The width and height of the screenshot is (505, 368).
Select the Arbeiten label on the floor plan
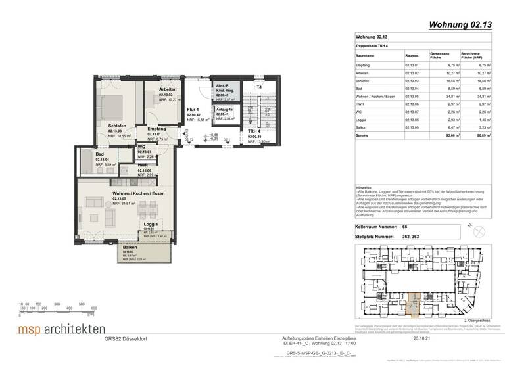pyautogui.click(x=169, y=93)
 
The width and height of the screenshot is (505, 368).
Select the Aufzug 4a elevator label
pyautogui.click(x=223, y=109)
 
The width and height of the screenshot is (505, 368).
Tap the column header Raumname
pyautogui.click(x=366, y=57)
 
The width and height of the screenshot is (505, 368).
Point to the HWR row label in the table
pyautogui.click(x=361, y=103)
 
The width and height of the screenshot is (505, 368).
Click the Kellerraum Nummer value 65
pyautogui.click(x=404, y=225)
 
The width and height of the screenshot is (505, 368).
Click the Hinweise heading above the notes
pyautogui.click(x=364, y=187)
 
